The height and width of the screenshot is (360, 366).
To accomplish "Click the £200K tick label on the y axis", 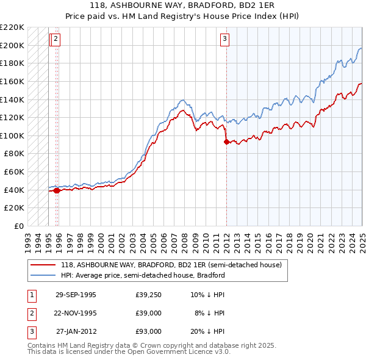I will point(13,45).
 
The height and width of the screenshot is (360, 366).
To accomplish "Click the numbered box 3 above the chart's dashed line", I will point(224,40).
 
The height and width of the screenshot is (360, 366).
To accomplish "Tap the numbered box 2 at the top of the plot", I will point(56,40).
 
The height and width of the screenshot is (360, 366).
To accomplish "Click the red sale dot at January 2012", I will point(227,142).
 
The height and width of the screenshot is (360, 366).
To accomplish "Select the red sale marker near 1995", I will point(57,190).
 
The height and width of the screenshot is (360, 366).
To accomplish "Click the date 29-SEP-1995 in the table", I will point(76,295).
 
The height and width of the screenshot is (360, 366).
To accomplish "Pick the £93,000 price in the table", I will point(148,332).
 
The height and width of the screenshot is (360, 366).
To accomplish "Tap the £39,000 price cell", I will point(148,314).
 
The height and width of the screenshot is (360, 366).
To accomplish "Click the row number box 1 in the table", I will point(30,295).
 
